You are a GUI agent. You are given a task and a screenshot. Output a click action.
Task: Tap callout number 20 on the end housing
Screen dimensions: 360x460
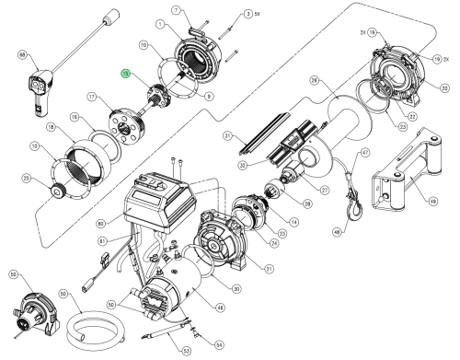pyautogui.click(x=444, y=87)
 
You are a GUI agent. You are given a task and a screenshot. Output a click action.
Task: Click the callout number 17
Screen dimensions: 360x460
pyautogui.click(x=92, y=96)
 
